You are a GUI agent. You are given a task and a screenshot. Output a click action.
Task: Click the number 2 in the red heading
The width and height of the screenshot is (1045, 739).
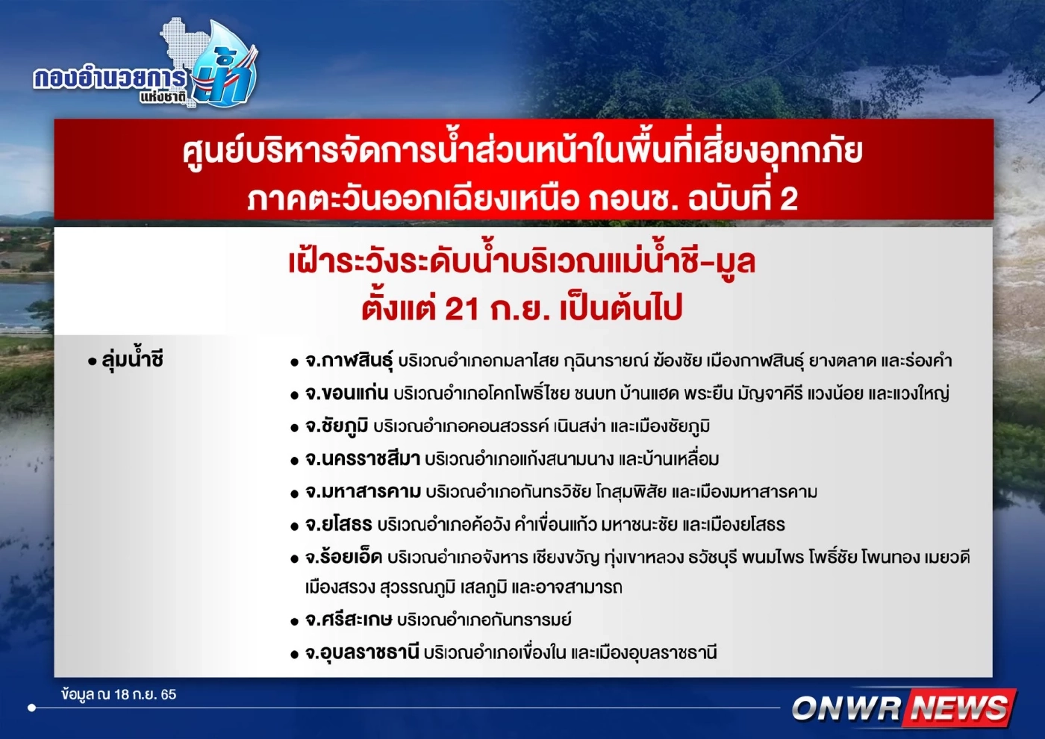coord(788,199)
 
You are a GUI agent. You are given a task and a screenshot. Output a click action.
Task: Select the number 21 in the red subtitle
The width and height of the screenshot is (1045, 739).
coord(461,308)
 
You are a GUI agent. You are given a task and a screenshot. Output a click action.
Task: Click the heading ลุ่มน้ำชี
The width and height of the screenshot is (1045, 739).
coord(132,361)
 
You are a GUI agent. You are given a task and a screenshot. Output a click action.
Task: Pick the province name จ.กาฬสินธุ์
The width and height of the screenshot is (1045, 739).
coord(349,361)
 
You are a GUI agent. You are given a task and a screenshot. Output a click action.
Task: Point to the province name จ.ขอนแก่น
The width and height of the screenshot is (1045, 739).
coord(346,393)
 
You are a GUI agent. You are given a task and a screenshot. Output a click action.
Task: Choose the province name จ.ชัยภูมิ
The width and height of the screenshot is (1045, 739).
coord(337,426)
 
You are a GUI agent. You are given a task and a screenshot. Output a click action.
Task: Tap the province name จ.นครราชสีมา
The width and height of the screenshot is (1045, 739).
coord(362,459)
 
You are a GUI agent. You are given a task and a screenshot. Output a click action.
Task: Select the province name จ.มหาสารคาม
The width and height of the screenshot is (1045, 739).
coord(363,492)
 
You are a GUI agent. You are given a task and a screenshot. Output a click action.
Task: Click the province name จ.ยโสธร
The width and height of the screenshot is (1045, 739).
coord(338,525)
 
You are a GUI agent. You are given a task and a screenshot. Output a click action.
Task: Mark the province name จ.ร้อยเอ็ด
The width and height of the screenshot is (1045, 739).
coord(343,557)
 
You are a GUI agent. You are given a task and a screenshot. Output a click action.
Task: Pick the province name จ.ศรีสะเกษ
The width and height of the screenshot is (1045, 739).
coord(349,620)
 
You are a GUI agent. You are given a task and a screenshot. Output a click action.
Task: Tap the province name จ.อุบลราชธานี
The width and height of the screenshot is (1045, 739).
coord(362,652)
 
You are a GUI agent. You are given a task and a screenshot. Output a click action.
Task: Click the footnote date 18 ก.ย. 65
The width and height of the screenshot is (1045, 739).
coord(145,694)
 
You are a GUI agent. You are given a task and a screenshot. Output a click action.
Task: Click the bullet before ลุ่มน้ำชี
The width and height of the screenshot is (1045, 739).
coord(92,362)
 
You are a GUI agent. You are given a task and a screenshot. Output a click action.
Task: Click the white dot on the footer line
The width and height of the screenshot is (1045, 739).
coord(31,707)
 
